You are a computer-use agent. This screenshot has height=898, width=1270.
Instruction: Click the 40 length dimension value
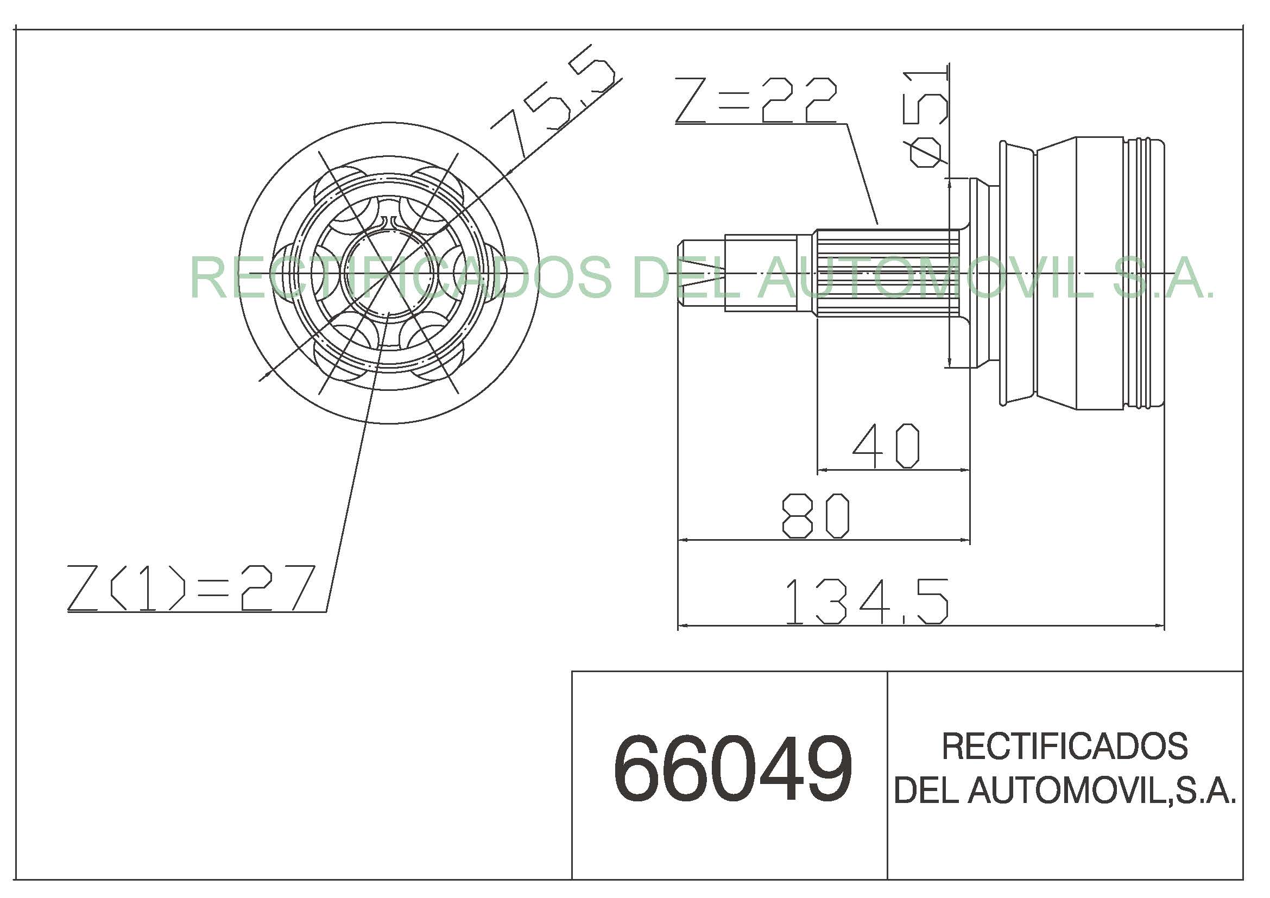(886, 446)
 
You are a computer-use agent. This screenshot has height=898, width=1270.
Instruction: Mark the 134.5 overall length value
(865, 602)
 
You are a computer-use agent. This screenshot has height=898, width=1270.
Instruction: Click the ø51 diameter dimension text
(925, 119)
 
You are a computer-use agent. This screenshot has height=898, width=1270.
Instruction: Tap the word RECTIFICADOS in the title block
(1065, 746)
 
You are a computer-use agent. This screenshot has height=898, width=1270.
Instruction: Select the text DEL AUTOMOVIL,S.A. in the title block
(1065, 789)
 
